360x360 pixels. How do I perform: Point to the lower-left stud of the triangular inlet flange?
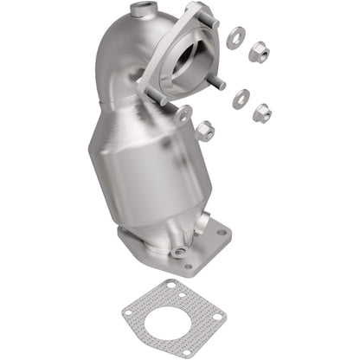tap(161, 98)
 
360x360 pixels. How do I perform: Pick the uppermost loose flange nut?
tap(258, 53)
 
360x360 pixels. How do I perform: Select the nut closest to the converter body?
tap(205, 132)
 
